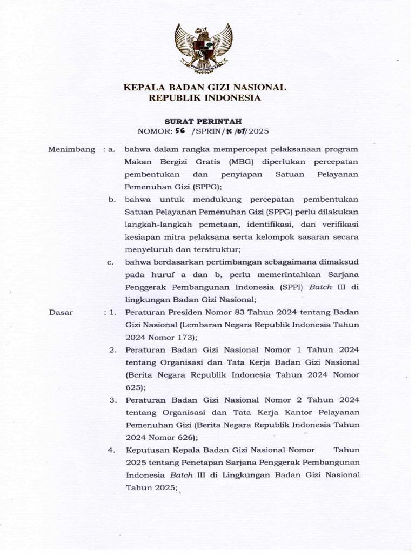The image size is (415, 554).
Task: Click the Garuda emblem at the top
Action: click(x=203, y=48)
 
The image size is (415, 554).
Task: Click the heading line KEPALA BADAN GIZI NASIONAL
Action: click(x=205, y=87)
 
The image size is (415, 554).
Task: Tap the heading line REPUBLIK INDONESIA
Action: click(x=205, y=98)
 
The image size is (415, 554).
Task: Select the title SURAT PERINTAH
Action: click(x=203, y=121)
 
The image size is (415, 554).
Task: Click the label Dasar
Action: click(x=61, y=312)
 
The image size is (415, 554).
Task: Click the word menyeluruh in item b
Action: click(x=146, y=249)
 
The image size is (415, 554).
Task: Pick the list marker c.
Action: click(x=110, y=262)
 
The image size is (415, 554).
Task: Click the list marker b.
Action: click(x=112, y=200)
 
